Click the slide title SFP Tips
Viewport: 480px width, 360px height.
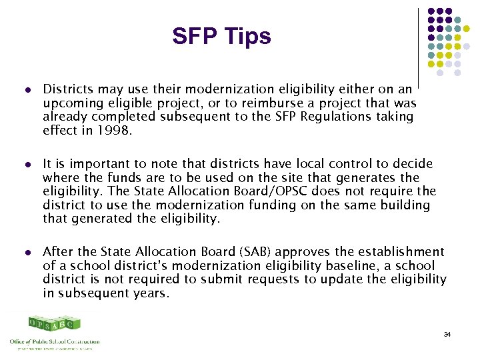(x=221, y=36)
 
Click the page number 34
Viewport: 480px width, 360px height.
(x=447, y=333)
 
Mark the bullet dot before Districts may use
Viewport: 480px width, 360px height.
(x=27, y=89)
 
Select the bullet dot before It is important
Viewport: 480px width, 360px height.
(x=27, y=164)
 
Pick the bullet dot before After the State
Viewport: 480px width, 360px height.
(x=27, y=252)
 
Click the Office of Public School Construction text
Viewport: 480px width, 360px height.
(x=55, y=341)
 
